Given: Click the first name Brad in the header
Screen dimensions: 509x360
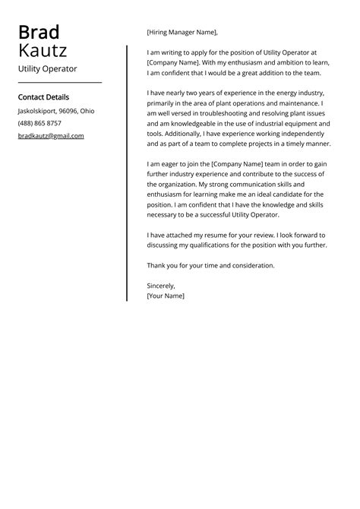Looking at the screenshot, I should (x=39, y=32).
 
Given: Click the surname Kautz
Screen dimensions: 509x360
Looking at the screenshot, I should (x=43, y=51).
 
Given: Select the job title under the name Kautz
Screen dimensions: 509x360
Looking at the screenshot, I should (x=47, y=68).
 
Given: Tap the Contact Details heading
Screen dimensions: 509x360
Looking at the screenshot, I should (x=43, y=97).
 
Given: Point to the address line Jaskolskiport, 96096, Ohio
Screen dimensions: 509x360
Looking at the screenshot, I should (x=56, y=111).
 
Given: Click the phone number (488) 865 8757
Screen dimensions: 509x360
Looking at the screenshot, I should (x=39, y=123).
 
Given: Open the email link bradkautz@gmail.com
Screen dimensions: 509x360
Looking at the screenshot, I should (x=51, y=136).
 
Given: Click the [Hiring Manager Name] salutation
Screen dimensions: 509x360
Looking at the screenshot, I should (x=182, y=33).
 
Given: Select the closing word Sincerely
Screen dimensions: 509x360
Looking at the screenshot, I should (x=161, y=286).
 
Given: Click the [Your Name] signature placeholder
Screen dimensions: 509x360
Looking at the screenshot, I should (x=166, y=296).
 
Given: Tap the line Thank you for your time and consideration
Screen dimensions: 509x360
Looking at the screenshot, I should (x=210, y=265).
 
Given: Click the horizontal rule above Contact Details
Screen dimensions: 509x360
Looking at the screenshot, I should (x=59, y=82).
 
